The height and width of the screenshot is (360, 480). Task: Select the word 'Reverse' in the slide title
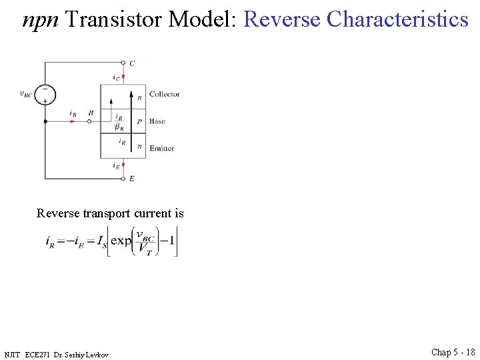(x=283, y=19)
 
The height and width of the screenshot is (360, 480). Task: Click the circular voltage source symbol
(x=45, y=94)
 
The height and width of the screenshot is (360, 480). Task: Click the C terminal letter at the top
(x=132, y=63)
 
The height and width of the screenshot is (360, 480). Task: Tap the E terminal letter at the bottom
(x=132, y=179)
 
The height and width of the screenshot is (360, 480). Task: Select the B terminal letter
(x=91, y=114)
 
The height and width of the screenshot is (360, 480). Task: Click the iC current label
(x=117, y=78)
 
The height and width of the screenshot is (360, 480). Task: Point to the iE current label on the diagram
(x=117, y=165)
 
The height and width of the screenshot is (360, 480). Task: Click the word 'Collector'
(x=165, y=95)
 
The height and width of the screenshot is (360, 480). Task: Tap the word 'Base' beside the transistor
(x=157, y=121)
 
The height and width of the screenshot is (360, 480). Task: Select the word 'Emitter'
(x=162, y=148)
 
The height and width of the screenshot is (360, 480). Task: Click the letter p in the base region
(x=139, y=122)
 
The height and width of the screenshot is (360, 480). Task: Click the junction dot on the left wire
(x=45, y=122)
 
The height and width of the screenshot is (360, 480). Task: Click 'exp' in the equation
(x=121, y=241)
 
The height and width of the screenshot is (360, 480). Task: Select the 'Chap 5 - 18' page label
(x=453, y=352)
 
